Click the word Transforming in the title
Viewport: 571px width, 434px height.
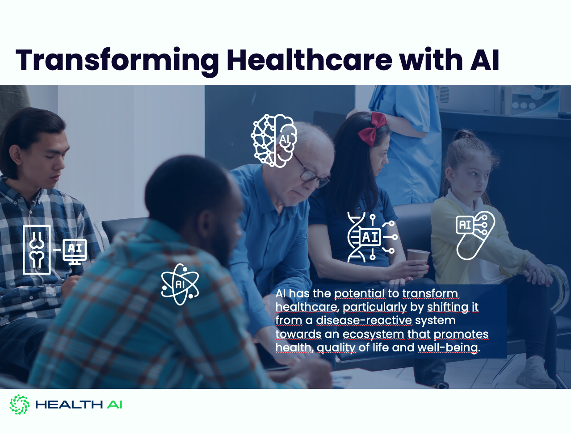click(118, 60)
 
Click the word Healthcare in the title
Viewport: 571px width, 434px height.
click(309, 60)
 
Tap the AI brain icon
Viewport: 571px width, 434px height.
click(274, 141)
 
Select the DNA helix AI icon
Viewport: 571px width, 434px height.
click(372, 237)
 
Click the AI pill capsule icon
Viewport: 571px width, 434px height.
click(475, 235)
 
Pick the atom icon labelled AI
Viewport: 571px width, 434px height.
click(180, 284)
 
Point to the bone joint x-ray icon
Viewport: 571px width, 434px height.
click(37, 250)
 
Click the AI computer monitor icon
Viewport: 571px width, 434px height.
click(75, 251)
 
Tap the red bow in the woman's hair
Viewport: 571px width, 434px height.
click(371, 129)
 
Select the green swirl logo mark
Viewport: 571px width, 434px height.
click(20, 405)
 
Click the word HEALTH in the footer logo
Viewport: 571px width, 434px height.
click(69, 405)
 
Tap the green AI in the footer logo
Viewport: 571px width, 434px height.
click(114, 405)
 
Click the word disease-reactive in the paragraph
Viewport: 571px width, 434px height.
click(364, 320)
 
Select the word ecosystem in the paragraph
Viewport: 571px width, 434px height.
click(374, 334)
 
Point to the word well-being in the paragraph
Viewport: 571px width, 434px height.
click(448, 348)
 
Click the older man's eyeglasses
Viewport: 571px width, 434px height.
click(311, 172)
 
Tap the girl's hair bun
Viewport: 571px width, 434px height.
click(465, 134)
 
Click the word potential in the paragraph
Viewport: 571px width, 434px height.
click(359, 294)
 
